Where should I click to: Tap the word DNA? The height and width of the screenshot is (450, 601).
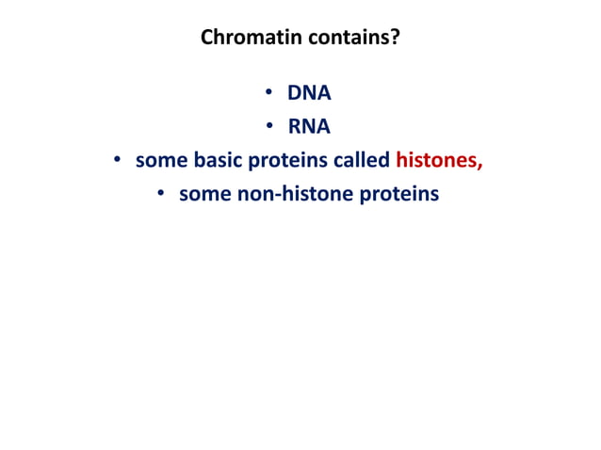[x=309, y=93]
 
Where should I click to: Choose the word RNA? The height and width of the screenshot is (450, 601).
[x=309, y=127]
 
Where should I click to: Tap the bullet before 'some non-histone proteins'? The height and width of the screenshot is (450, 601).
[x=161, y=195]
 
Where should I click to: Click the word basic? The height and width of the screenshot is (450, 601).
[x=215, y=161]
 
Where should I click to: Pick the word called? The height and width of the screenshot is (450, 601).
[x=361, y=161]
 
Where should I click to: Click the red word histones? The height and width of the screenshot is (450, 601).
[x=436, y=161]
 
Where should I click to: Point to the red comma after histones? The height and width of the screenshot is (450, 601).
[x=480, y=166]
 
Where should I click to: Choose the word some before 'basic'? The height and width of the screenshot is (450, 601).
[x=161, y=161]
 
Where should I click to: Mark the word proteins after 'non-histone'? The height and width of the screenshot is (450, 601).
[x=400, y=196]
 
